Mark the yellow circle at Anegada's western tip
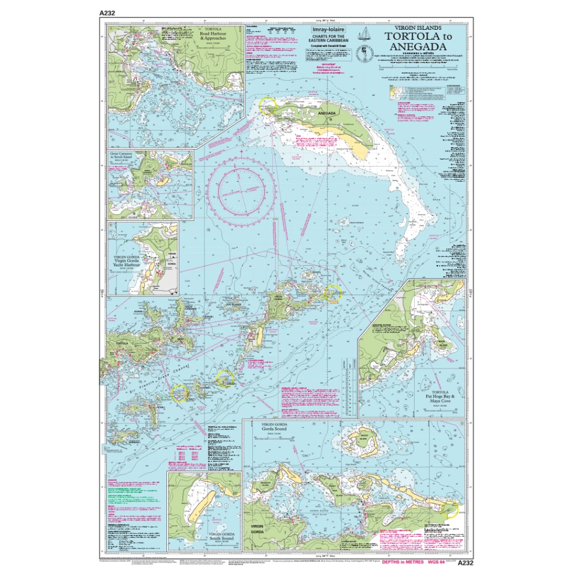267,105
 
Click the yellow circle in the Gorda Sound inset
451,509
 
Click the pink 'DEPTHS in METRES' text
401,563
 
